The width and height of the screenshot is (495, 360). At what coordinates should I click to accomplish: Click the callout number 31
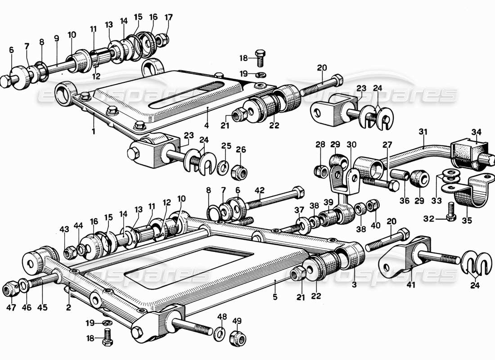(x=422, y=132)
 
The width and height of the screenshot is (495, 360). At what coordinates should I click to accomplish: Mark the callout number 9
(x=56, y=38)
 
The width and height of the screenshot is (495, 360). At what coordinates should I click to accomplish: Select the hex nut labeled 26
(x=237, y=171)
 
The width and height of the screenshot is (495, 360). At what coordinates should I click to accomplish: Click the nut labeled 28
(x=320, y=170)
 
